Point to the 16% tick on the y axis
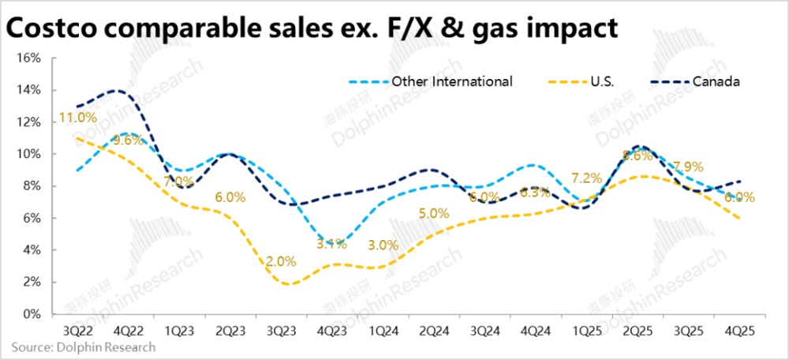click(29, 58)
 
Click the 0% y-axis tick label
click(32, 314)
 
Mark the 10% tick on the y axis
click(29, 154)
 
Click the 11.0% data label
click(77, 118)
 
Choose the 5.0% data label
click(433, 213)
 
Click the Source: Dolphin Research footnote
click(84, 347)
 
